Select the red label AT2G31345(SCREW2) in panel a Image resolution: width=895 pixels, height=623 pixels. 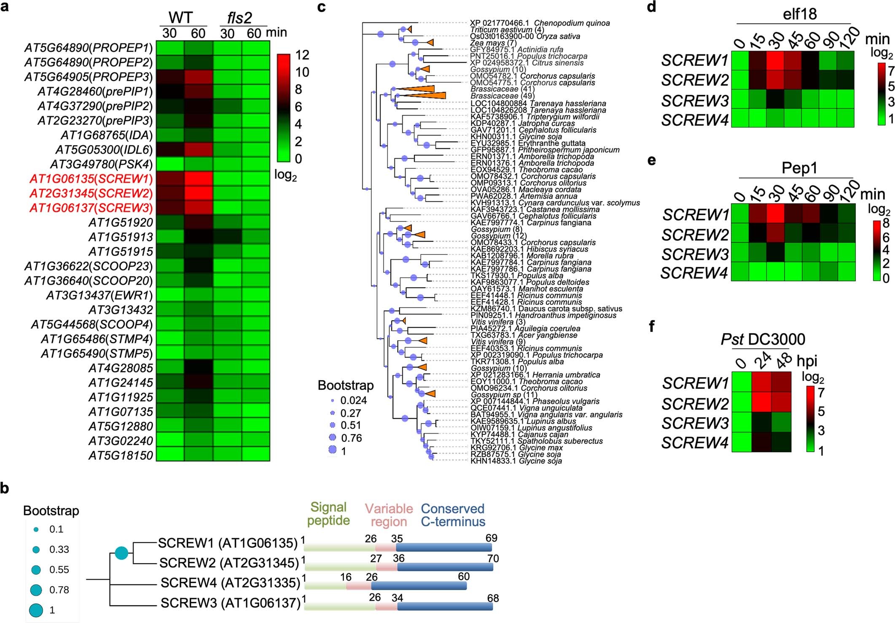coord(91,194)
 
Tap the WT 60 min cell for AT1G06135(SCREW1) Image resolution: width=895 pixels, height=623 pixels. coord(198,179)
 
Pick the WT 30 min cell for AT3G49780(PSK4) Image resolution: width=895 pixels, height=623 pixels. coord(170,164)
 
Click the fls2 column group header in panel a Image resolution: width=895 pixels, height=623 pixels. coord(239,18)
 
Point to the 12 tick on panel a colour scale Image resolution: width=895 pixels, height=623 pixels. coord(302,55)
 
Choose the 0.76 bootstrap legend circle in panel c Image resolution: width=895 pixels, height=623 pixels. coord(333,438)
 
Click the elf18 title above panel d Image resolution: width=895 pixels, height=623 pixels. coord(800,14)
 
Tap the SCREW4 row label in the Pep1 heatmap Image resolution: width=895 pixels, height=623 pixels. coord(694,273)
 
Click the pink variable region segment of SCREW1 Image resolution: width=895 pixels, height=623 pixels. coord(386,547)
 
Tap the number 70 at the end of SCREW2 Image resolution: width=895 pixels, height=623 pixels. coord(493,558)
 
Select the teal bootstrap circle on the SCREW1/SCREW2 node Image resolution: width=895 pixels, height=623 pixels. coord(121,553)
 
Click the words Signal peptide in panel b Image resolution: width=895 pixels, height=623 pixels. coord(328,514)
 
